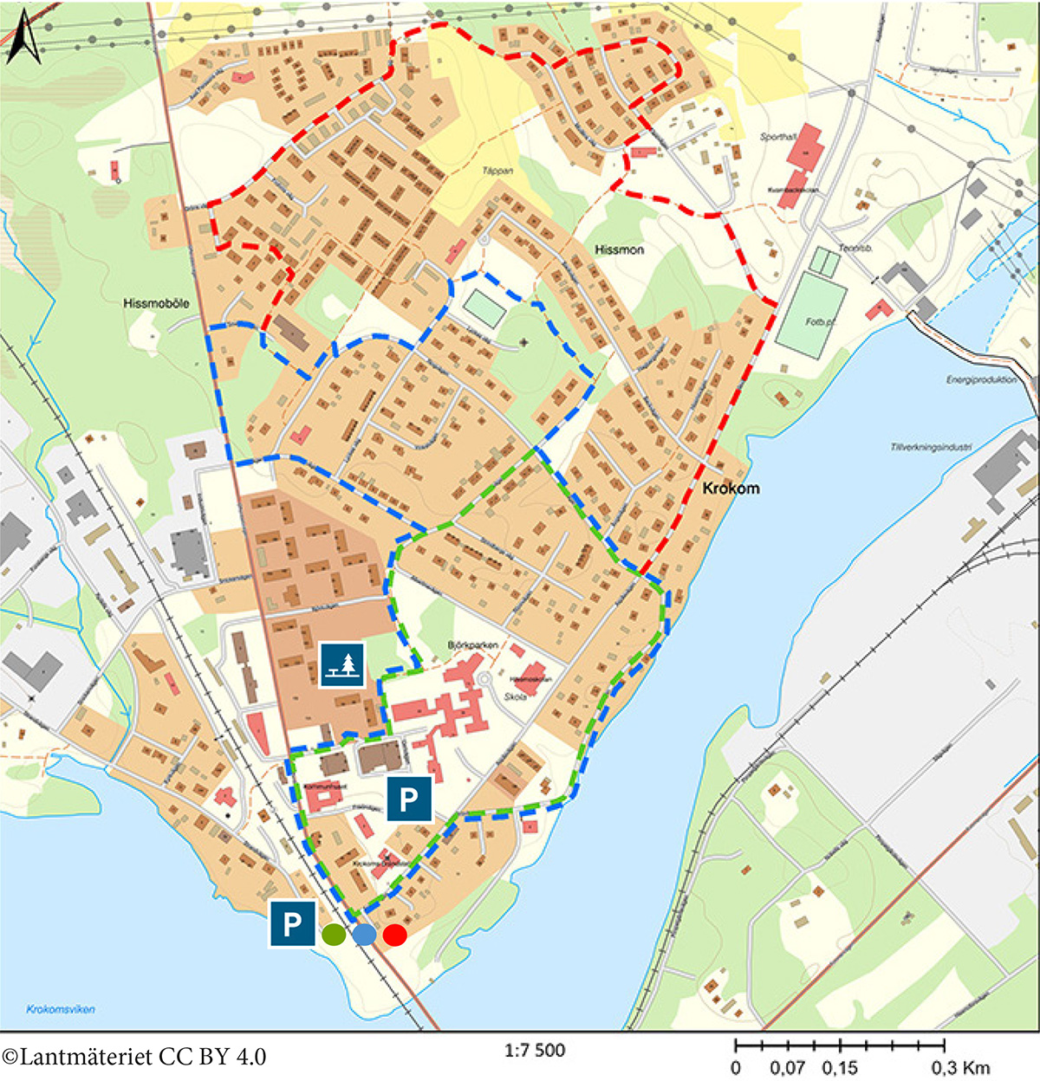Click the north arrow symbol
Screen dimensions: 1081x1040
pyautogui.click(x=23, y=39)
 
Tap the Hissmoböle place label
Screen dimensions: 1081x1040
pyautogui.click(x=156, y=303)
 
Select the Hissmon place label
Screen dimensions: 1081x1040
pyautogui.click(x=619, y=249)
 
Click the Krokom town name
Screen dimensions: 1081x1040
pyautogui.click(x=731, y=489)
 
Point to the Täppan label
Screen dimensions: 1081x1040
pyautogui.click(x=497, y=171)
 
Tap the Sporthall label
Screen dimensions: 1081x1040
pyautogui.click(x=777, y=137)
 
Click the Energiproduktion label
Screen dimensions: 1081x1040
pyautogui.click(x=981, y=380)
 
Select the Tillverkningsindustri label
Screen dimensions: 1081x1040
pyautogui.click(x=931, y=448)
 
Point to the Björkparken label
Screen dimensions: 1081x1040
pyautogui.click(x=473, y=645)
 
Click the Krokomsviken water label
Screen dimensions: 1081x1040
pyautogui.click(x=61, y=1009)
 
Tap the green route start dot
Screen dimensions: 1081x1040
pyautogui.click(x=334, y=935)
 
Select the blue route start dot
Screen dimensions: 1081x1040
pyautogui.click(x=364, y=935)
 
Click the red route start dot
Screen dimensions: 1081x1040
pyautogui.click(x=395, y=935)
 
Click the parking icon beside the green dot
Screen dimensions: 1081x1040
pyautogui.click(x=292, y=923)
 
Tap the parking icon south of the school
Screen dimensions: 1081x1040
pyautogui.click(x=409, y=798)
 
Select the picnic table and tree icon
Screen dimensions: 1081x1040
pyautogui.click(x=342, y=665)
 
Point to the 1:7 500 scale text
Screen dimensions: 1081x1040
pyautogui.click(x=535, y=1051)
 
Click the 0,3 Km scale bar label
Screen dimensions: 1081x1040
pyautogui.click(x=960, y=1068)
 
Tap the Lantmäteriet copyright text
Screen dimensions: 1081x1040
pyautogui.click(x=134, y=1057)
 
